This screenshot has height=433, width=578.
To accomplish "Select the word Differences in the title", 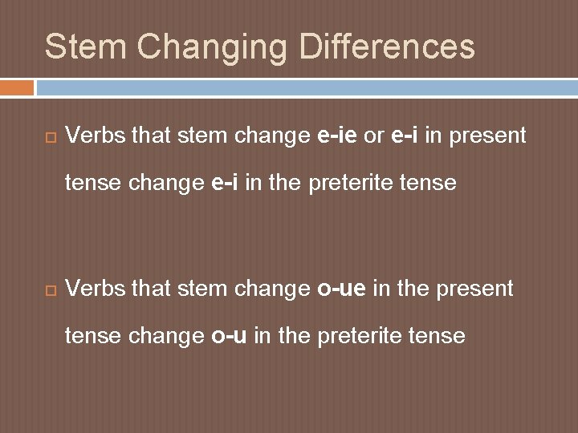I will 388,47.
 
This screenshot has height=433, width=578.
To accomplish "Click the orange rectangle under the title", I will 17,87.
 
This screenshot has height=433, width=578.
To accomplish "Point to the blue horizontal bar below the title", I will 305,87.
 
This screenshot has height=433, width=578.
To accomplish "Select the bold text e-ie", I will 338,136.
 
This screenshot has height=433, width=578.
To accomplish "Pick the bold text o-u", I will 230,335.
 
